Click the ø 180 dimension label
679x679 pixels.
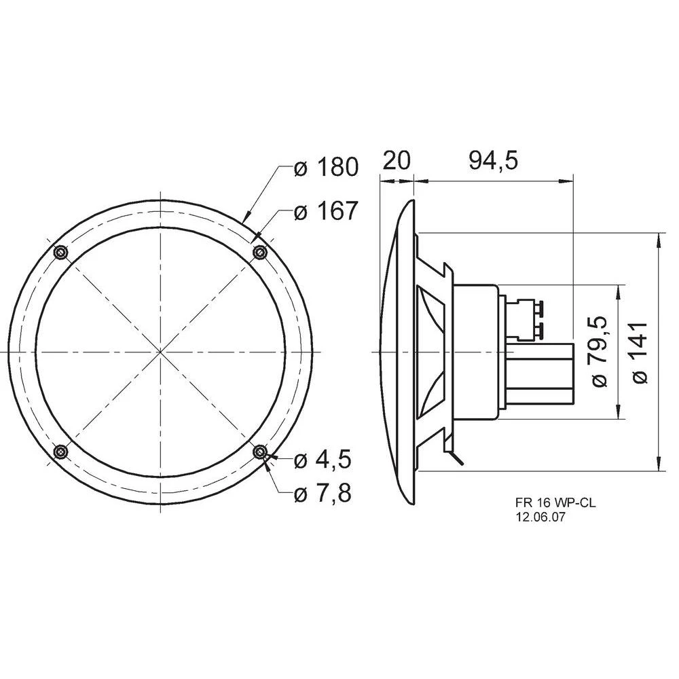point(325,166)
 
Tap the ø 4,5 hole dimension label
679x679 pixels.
point(322,460)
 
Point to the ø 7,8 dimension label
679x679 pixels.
point(322,494)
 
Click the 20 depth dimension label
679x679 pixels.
point(397,161)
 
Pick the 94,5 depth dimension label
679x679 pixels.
point(493,161)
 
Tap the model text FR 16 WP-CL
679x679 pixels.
point(549,503)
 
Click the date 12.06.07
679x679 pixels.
point(540,517)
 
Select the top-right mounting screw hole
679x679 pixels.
point(259,253)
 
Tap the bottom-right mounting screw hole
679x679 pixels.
point(259,451)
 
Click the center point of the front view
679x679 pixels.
point(160,352)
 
